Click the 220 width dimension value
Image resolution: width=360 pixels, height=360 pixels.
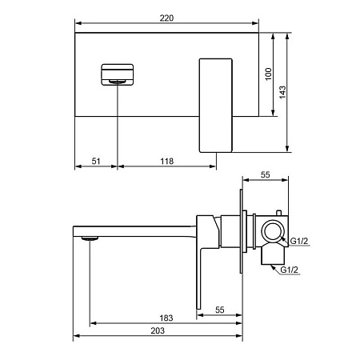(166, 18)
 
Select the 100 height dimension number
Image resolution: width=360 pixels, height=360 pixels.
(269, 74)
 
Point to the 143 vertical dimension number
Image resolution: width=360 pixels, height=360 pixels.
(282, 92)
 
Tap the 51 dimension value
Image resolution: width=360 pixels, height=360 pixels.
(96, 161)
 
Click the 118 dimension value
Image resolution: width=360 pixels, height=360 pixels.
(167, 161)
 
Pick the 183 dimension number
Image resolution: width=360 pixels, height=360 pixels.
(166, 318)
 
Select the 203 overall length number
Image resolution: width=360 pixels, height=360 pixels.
(158, 330)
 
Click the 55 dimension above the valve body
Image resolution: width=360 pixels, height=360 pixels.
(266, 174)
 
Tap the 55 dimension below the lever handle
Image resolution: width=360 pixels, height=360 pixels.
(220, 310)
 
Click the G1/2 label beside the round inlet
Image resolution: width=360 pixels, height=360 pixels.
(299, 241)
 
